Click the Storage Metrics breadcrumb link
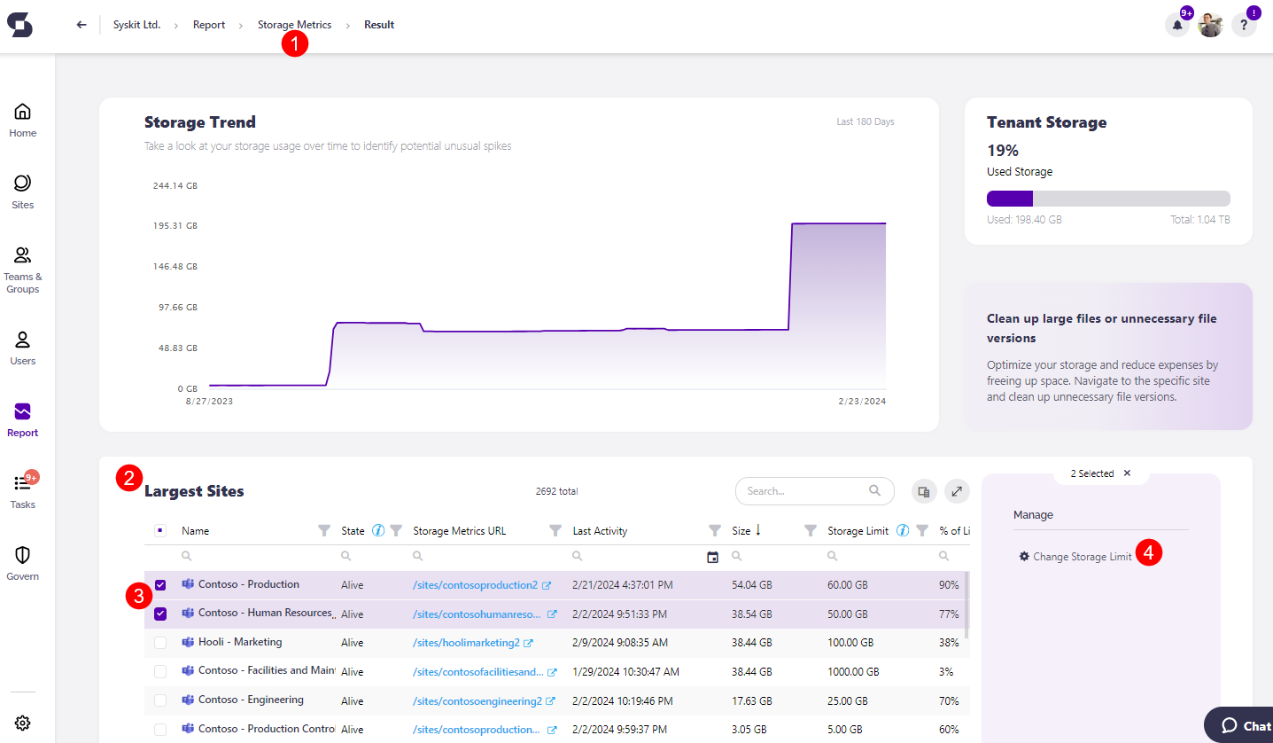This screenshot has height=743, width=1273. pos(294,25)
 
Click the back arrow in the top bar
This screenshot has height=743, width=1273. pos(82,25)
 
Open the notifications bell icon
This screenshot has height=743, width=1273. pos(1176,25)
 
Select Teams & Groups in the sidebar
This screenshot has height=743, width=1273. pos(23,270)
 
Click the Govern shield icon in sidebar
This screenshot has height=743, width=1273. pos(23,561)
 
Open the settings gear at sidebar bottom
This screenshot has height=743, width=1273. pos(23,723)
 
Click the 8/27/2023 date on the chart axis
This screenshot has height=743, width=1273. pos(209,402)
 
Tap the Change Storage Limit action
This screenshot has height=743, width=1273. pos(1082,557)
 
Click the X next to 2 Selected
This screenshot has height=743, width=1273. pos(1127,473)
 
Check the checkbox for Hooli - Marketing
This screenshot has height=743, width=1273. pos(160,643)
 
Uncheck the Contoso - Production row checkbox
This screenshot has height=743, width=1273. pos(160,585)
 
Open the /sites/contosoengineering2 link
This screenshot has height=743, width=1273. pos(477,700)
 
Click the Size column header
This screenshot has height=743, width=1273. pos(741,531)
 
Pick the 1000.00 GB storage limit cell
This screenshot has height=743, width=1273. pos(852,672)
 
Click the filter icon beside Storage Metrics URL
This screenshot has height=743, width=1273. pos(555,531)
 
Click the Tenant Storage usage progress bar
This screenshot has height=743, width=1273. pos(1107,199)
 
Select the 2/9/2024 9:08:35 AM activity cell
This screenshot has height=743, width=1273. pos(620,643)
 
